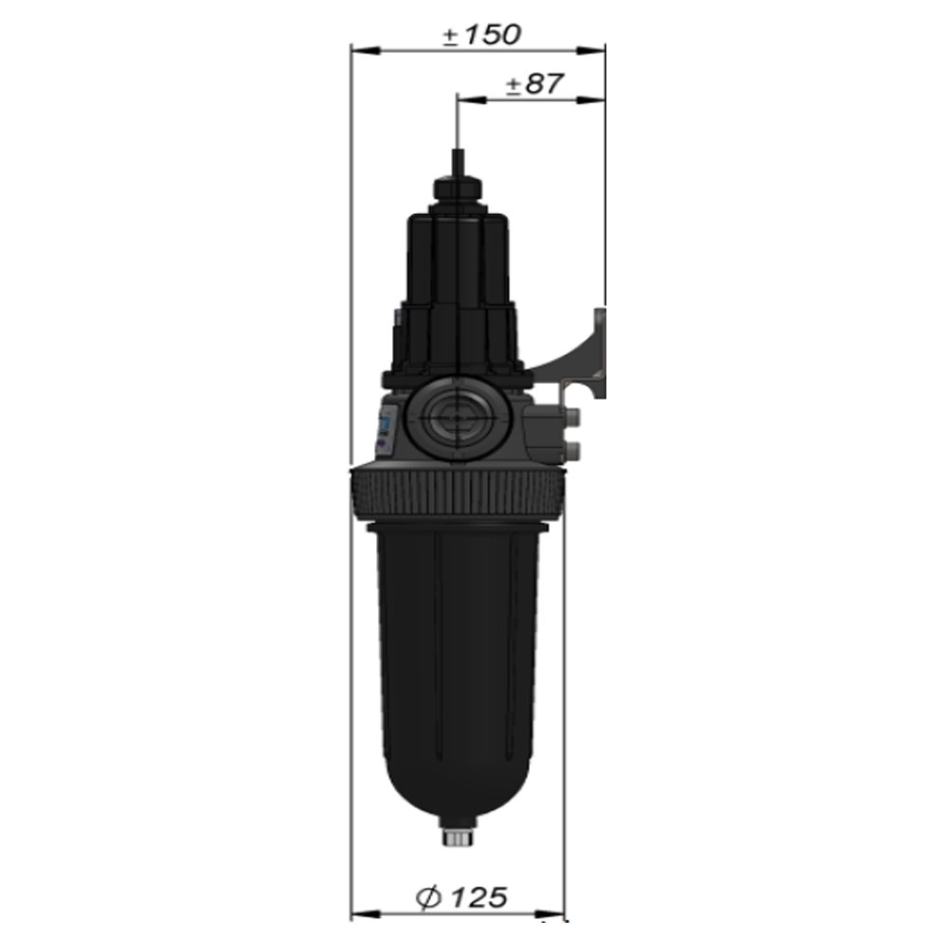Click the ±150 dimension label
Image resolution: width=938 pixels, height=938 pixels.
click(x=481, y=35)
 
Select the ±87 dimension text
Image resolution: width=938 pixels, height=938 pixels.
click(x=534, y=84)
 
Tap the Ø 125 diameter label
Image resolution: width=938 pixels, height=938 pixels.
click(x=461, y=897)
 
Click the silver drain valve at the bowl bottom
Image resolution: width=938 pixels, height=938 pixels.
click(x=459, y=836)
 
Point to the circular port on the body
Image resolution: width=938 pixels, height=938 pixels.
click(x=458, y=417)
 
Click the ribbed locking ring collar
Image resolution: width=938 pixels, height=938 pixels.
click(x=458, y=495)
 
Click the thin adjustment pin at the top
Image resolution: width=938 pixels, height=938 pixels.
click(x=458, y=161)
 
